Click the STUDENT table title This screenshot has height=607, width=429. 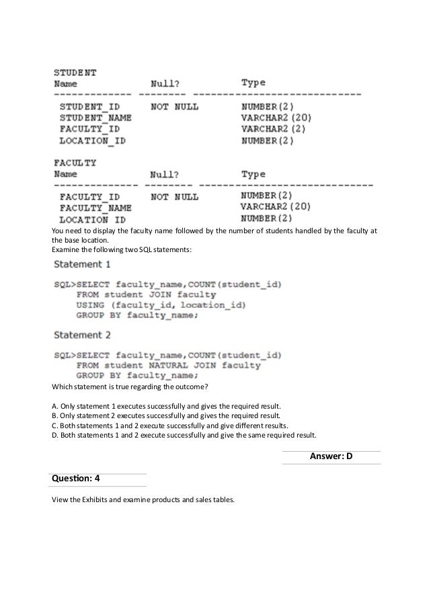[75, 71]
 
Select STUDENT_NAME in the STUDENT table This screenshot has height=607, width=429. [95, 118]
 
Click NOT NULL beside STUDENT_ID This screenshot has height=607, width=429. [175, 106]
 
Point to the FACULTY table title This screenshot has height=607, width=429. [75, 162]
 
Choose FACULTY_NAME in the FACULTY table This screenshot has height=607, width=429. [95, 208]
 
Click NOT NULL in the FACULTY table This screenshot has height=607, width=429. [175, 197]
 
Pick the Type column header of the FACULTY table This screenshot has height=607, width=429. [253, 174]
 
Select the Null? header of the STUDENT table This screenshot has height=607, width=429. [164, 83]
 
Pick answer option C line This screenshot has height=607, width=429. [169, 426]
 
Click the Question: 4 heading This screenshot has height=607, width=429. [75, 479]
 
